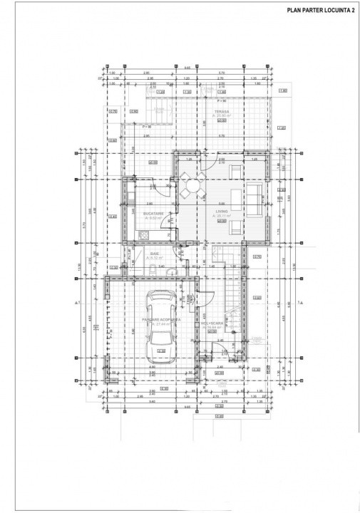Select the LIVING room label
(x=220, y=211)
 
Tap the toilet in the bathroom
(x=153, y=269)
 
